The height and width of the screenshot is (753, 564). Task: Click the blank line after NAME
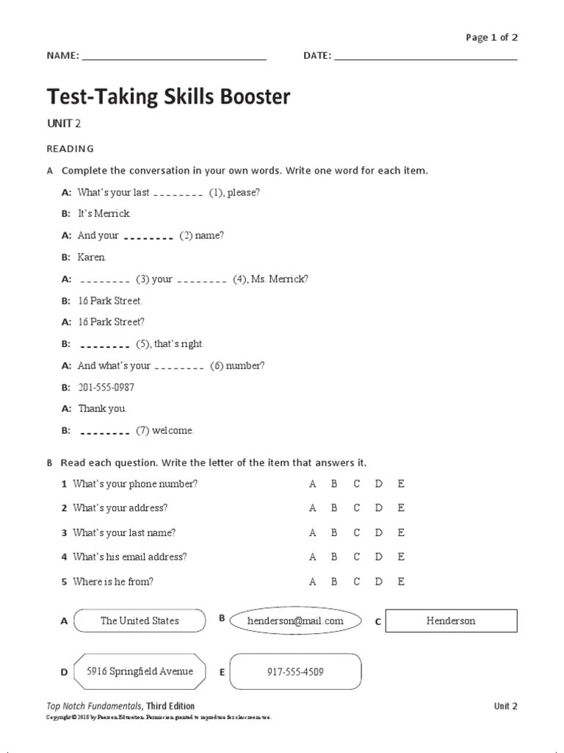point(174,57)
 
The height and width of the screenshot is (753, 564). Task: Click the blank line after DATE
point(425,57)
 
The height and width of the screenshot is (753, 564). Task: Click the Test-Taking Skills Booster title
point(168,96)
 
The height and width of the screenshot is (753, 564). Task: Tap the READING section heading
point(70,149)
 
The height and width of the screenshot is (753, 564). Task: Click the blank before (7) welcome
point(104,432)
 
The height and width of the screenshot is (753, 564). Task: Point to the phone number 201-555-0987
point(106,388)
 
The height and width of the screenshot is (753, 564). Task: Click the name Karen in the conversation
point(92,257)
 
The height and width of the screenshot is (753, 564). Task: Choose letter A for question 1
point(313,484)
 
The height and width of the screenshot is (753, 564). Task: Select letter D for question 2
point(379,508)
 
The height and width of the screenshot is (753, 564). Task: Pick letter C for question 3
point(357,532)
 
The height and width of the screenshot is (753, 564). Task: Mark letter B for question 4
point(334,557)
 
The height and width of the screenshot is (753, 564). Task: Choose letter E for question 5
point(401,582)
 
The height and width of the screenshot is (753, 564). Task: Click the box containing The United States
point(140,621)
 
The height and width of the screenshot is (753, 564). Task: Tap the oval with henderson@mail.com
point(295,621)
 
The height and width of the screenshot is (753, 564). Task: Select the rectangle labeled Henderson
point(451,621)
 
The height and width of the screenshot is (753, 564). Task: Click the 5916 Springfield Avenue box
point(140,671)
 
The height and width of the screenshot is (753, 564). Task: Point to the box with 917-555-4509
point(295,671)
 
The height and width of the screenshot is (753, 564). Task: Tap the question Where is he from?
point(113,582)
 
